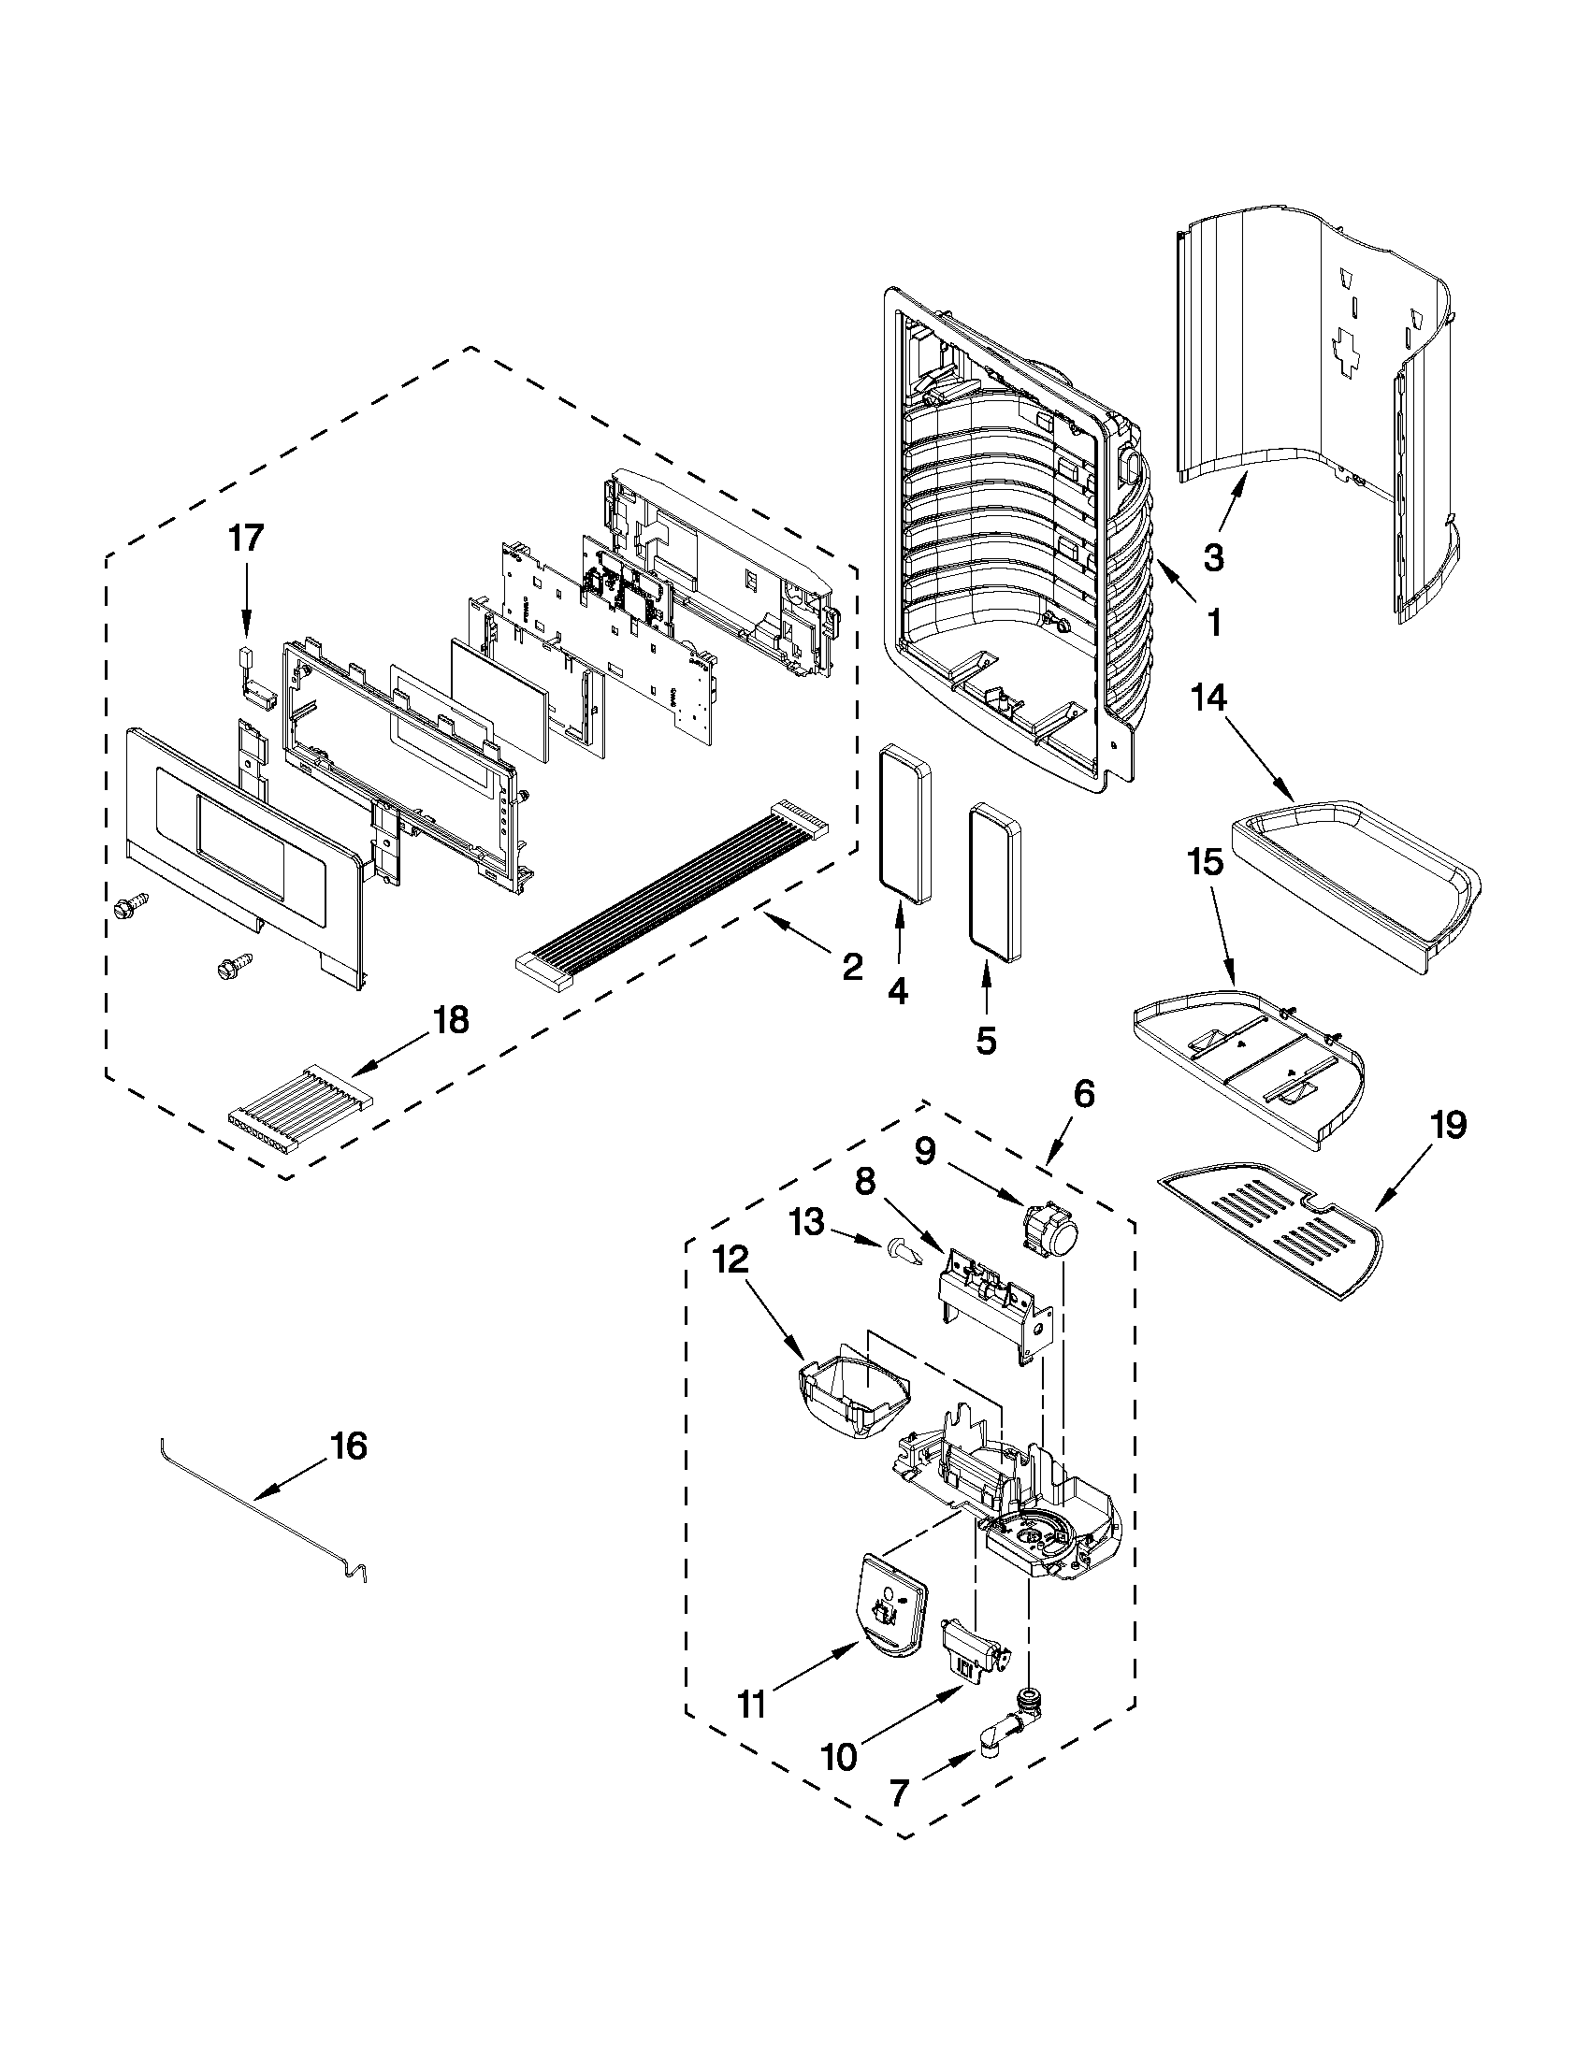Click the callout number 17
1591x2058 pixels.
click(246, 540)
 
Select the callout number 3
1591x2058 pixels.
click(1214, 558)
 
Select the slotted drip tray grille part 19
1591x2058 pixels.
click(1272, 1234)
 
